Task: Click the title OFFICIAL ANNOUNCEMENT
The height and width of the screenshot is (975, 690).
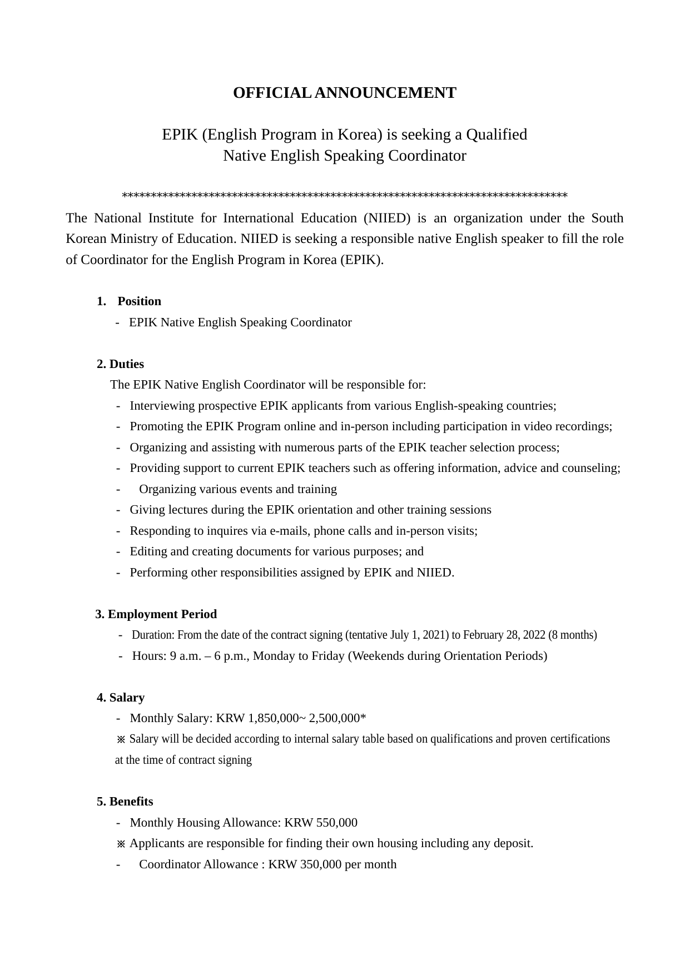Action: (x=344, y=93)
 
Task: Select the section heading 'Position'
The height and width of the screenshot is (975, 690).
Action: (x=139, y=301)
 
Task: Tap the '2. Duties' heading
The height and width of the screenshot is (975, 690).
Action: (x=120, y=364)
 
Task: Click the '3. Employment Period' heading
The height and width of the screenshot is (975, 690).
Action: (x=156, y=614)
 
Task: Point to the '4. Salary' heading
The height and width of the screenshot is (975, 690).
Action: (x=121, y=698)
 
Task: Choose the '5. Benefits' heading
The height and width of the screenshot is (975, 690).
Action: (x=125, y=802)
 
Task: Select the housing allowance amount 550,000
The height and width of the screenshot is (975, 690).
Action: (x=336, y=823)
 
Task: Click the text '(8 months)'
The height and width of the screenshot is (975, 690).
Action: (x=573, y=635)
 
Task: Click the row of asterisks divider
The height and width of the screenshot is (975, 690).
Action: (x=344, y=196)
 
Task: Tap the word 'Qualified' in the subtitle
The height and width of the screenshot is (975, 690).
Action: (x=497, y=135)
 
